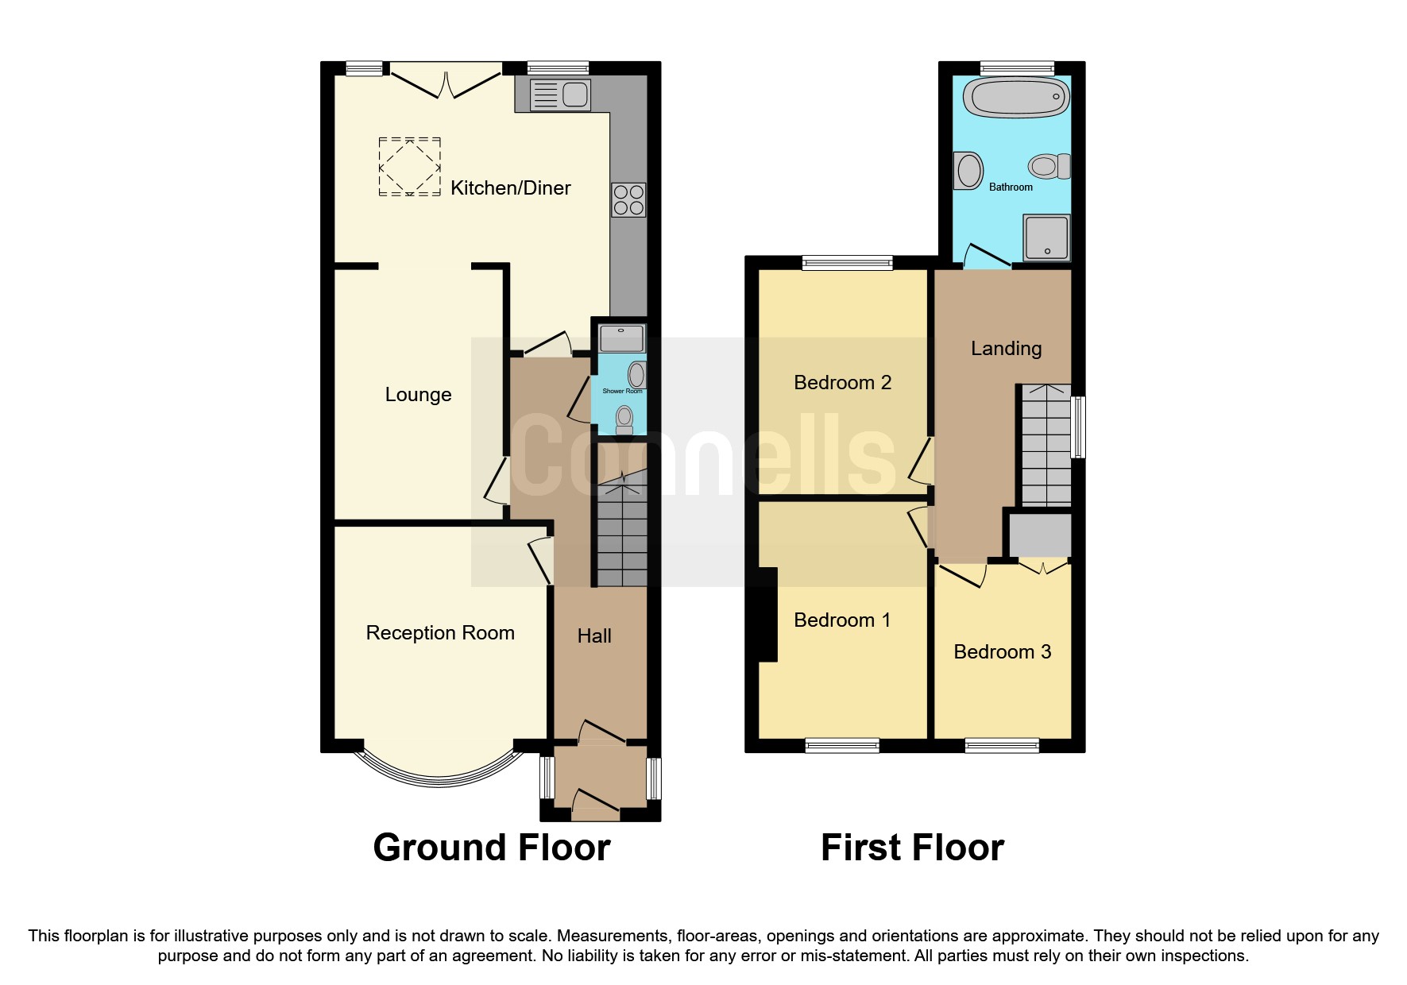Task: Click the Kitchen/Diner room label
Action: pos(510,188)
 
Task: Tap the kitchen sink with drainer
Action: pos(560,95)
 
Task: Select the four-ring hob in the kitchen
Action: pos(628,200)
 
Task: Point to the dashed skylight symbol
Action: pos(409,167)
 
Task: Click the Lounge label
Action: pos(418,395)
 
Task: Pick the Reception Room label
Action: pos(440,633)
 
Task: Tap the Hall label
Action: pos(594,636)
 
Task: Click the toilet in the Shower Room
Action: pos(624,419)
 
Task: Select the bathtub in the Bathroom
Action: pos(1016,98)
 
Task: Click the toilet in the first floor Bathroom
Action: pos(1048,167)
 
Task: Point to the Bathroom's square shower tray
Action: pos(1046,238)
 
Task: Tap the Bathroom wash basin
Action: pos(968,170)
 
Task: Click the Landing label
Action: pos(1006,349)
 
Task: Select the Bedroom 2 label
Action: pos(842,383)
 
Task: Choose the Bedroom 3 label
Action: pos(1002,652)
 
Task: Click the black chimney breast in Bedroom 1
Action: pos(767,614)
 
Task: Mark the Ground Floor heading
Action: pos(492,848)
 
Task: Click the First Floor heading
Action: pos(912,848)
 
